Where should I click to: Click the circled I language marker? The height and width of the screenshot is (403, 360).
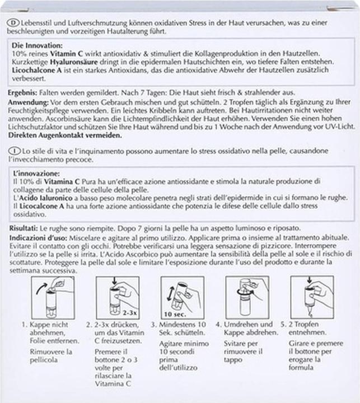(13, 151)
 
